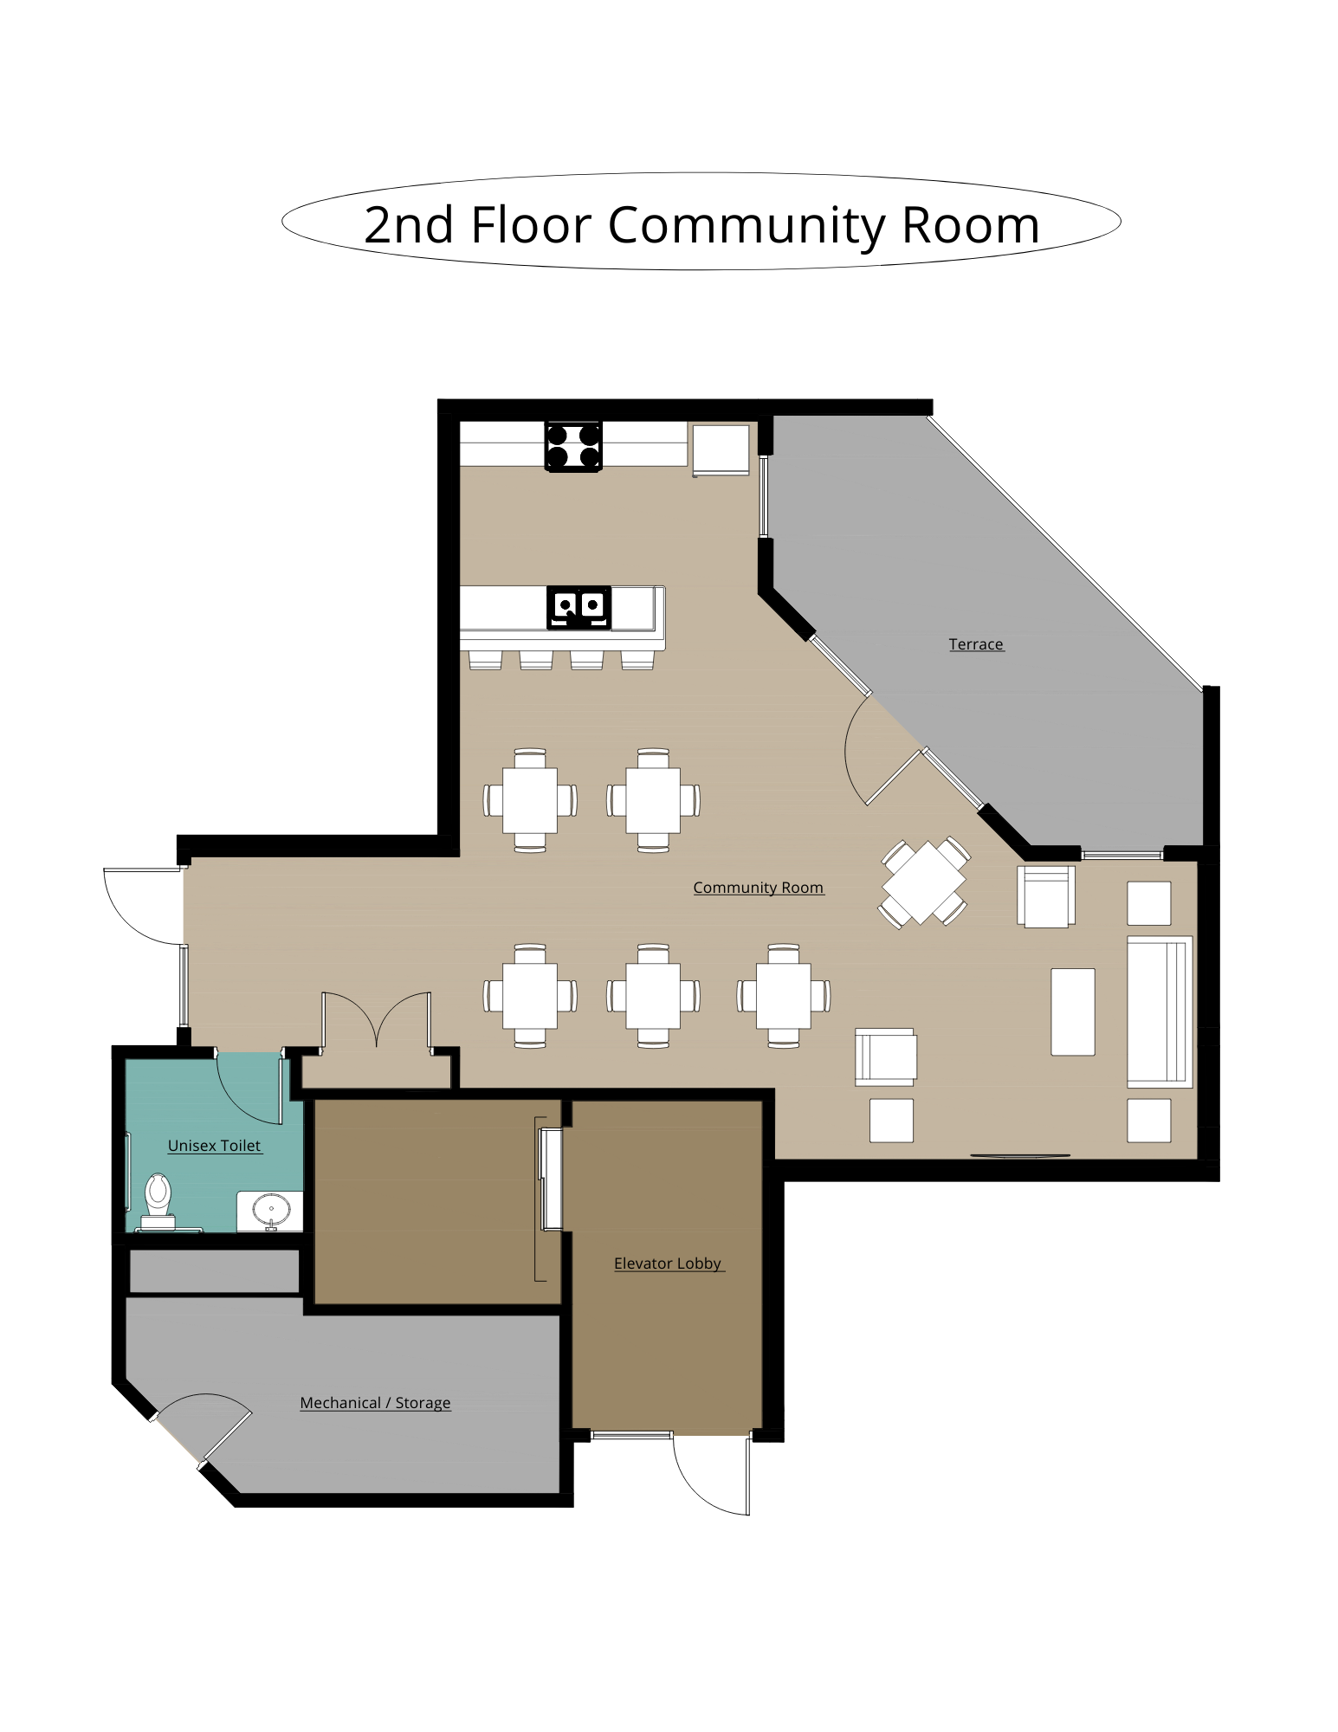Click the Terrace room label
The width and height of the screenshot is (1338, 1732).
tap(975, 644)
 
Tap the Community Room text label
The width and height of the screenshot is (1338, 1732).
tap(758, 888)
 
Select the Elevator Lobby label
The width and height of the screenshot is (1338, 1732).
tap(668, 1263)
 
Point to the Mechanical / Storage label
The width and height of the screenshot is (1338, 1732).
tap(375, 1403)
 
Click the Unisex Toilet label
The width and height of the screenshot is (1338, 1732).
tap(214, 1146)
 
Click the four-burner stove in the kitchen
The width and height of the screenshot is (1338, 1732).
tap(573, 446)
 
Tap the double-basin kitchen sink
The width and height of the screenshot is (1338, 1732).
tap(579, 607)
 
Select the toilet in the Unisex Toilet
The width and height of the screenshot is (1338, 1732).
tap(158, 1200)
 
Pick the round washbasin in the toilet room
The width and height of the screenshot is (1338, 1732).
tap(271, 1208)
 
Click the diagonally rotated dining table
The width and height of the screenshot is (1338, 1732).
tap(924, 882)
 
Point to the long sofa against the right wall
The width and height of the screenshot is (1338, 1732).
tap(1160, 1011)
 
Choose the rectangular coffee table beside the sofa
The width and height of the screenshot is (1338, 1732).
tap(1073, 1011)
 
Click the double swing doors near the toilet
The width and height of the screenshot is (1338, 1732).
tap(377, 1022)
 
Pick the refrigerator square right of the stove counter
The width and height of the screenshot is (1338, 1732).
tap(721, 449)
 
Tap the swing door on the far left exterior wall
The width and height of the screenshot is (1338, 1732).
tap(143, 906)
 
